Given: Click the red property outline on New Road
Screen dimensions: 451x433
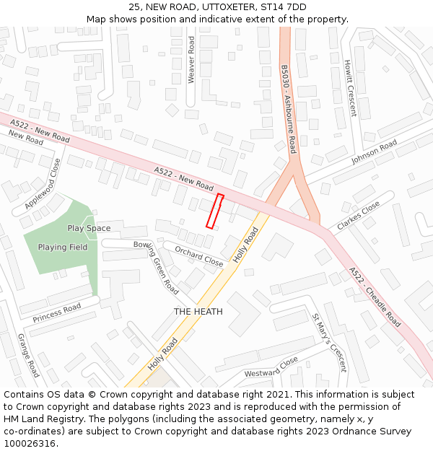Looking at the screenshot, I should [x=215, y=211].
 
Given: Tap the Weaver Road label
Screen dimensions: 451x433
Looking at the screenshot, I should [x=191, y=60].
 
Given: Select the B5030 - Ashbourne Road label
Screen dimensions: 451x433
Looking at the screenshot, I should [x=289, y=109].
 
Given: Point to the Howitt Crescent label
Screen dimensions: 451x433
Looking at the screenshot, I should [x=350, y=87].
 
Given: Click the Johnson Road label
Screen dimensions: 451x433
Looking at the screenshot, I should [x=374, y=152].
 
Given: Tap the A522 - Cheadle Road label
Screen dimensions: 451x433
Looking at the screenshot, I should [x=375, y=297].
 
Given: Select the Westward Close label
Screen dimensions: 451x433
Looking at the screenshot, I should [x=271, y=367].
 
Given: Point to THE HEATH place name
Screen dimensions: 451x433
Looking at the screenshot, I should [x=198, y=312].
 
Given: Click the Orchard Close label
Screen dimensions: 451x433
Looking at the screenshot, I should [x=199, y=256].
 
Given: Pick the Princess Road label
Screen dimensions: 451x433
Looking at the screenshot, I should [x=56, y=312].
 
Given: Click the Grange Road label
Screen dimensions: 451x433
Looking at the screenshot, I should [x=28, y=355].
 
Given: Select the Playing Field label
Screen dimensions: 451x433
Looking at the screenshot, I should [x=63, y=248].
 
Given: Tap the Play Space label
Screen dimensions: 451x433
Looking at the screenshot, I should [x=89, y=228].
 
